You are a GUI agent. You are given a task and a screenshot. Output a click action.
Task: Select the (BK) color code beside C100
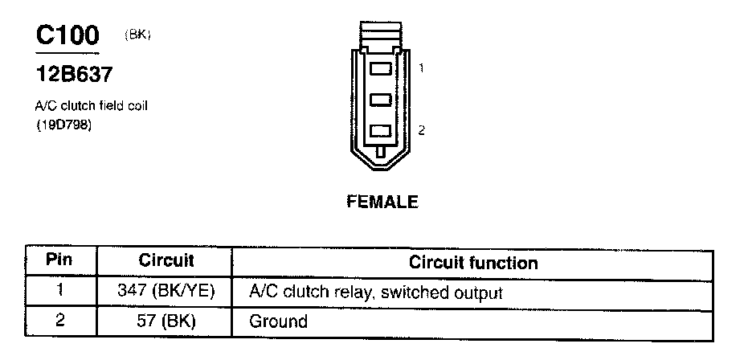138,35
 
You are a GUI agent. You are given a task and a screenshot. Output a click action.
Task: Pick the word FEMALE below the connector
382,202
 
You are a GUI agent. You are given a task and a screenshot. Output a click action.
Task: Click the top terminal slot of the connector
381,69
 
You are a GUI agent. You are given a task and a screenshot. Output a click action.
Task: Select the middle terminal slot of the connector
381,100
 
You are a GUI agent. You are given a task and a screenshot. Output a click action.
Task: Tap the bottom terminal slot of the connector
381,129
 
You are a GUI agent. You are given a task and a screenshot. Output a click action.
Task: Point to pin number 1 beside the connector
421,69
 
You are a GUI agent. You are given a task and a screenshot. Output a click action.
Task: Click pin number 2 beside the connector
421,129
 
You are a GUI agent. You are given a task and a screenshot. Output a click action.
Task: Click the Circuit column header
166,262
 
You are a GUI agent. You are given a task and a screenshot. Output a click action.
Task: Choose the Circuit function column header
473,263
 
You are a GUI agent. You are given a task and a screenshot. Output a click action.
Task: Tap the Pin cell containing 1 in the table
61,292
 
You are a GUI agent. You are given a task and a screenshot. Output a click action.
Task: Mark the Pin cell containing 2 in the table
61,321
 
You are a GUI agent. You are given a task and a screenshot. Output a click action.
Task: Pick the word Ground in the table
278,322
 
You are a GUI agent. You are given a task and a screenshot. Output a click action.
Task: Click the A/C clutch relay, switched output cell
375,292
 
